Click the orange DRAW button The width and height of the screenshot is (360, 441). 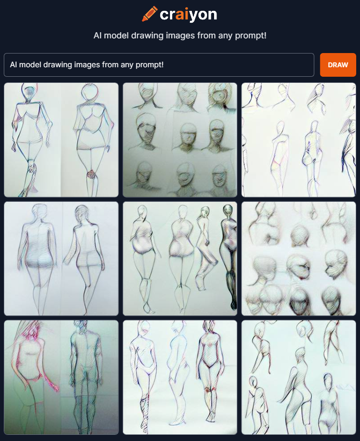pos(338,65)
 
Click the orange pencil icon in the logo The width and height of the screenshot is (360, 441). pos(150,14)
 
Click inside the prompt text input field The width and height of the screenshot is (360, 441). pos(159,65)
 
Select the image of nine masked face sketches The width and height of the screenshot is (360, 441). pos(180,140)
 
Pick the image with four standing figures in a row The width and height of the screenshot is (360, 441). pos(180,259)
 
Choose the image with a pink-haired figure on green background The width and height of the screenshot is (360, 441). pos(61,378)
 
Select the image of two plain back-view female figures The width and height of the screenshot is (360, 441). pos(61,259)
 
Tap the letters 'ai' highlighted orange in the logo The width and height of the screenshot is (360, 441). pos(185,15)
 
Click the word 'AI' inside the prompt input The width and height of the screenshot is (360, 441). pos(14,65)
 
